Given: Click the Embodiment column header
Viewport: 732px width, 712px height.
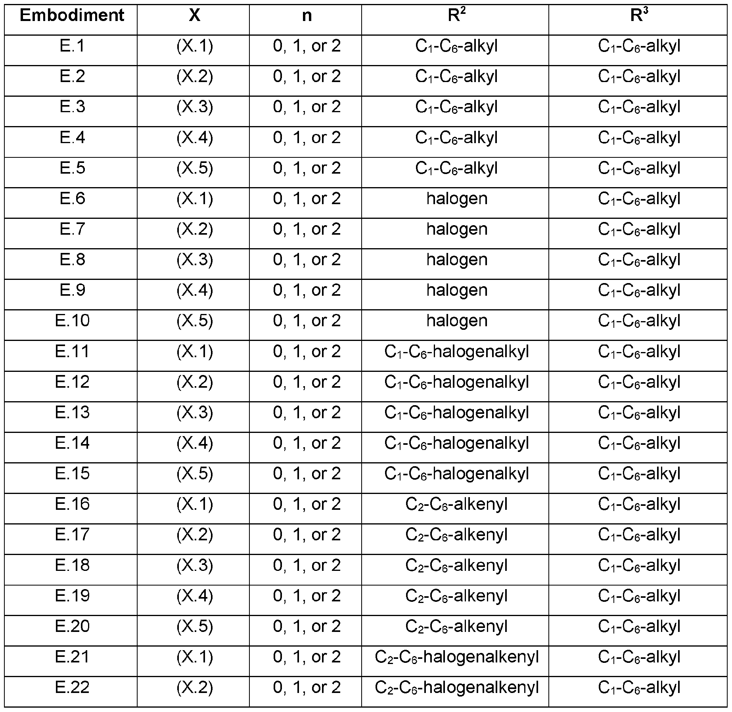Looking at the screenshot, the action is pyautogui.click(x=72, y=16).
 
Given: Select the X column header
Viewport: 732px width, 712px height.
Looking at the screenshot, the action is pyautogui.click(x=194, y=16).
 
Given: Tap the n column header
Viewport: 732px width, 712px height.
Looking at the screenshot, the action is pyautogui.click(x=307, y=16).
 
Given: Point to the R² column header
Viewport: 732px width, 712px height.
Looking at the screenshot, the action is pyautogui.click(x=456, y=16).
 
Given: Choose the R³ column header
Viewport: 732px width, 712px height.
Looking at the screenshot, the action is pyautogui.click(x=639, y=16).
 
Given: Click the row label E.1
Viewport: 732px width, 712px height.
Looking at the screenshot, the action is pyautogui.click(x=72, y=46).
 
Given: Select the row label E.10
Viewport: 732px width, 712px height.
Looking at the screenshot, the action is pyautogui.click(x=72, y=321).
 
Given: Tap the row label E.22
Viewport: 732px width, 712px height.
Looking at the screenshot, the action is pyautogui.click(x=72, y=687).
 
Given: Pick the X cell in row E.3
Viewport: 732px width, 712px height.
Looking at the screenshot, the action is pyautogui.click(x=194, y=107).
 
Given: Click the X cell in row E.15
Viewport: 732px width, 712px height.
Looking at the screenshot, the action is pyautogui.click(x=194, y=474).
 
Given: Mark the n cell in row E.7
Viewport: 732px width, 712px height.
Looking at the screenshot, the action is pyautogui.click(x=307, y=230).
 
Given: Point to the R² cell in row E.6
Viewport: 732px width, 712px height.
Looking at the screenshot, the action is pyautogui.click(x=456, y=199).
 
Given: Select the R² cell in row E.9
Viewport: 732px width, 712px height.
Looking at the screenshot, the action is pyautogui.click(x=456, y=291).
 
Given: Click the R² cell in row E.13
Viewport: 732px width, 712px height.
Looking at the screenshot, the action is pyautogui.click(x=456, y=413).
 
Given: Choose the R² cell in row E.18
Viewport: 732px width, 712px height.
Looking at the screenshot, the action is pyautogui.click(x=456, y=565).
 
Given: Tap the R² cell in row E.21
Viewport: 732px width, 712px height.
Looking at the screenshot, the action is pyautogui.click(x=456, y=657).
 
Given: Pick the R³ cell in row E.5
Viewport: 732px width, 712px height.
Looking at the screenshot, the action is pyautogui.click(x=639, y=168).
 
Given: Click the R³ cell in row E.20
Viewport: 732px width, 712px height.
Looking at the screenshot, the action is pyautogui.click(x=639, y=626).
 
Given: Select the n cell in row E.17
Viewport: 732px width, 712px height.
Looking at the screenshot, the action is pyautogui.click(x=307, y=535).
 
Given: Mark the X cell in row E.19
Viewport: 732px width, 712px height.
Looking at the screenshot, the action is pyautogui.click(x=194, y=596).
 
